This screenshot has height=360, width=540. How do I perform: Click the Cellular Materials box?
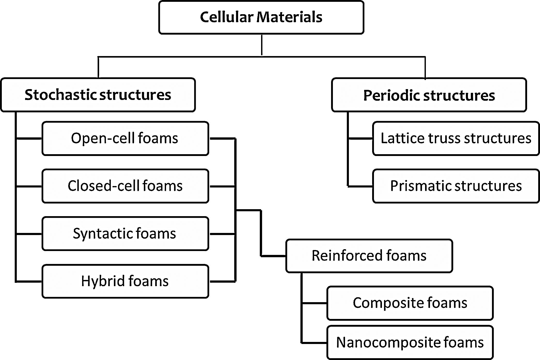coord(261,17)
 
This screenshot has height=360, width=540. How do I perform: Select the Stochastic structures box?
coord(98,95)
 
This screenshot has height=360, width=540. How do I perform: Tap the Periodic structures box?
coord(429,95)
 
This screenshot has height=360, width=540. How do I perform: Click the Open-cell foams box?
coord(125,138)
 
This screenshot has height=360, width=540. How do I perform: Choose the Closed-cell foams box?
coord(125,186)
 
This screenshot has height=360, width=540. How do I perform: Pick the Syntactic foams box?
coord(125,233)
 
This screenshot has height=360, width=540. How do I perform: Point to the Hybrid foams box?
coord(125,281)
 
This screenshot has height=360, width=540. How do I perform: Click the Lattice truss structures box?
coord(456,138)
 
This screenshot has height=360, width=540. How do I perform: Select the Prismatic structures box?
coord(456,186)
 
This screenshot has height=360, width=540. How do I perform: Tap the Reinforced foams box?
coord(369,256)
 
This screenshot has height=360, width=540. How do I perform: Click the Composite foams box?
coord(410,303)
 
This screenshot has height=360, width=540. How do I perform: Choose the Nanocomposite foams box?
coord(410,342)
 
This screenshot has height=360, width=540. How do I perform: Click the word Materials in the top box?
coord(289,17)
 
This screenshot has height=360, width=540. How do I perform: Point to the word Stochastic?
coord(61,95)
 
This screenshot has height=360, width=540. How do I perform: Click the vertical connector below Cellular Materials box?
coord(262,45)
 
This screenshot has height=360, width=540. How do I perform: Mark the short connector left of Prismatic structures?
coord(360,186)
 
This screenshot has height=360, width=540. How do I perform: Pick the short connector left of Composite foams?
coord(314,303)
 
